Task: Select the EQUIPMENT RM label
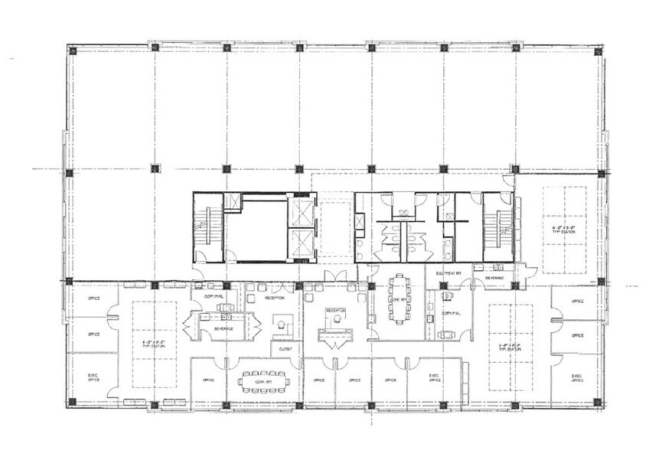click(x=447, y=272)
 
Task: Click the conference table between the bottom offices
click(x=263, y=379)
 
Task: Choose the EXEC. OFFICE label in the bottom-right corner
click(x=577, y=378)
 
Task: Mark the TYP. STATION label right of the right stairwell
click(x=564, y=229)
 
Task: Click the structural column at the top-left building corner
click(x=73, y=51)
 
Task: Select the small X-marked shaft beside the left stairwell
click(x=232, y=201)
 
